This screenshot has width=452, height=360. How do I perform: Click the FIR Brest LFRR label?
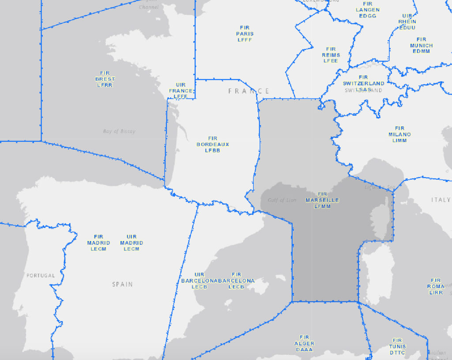click(105, 79)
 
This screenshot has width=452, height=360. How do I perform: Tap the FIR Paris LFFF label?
click(245, 34)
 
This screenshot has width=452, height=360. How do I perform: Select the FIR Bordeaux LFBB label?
click(213, 144)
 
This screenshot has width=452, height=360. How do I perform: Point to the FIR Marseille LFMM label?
click(322, 200)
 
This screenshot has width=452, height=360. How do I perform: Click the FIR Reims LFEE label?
click(331, 55)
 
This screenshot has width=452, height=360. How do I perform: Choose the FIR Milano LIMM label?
click(399, 134)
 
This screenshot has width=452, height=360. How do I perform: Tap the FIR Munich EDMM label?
click(421, 45)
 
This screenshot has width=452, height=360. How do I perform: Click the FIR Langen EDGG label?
click(368, 10)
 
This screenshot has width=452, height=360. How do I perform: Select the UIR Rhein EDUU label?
click(407, 22)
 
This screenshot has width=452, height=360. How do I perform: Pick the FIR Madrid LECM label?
click(98, 243)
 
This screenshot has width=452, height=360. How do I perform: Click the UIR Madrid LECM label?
click(132, 243)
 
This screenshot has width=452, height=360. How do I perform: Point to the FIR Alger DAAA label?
click(304, 343)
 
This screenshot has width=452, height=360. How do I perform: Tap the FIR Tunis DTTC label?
click(397, 346)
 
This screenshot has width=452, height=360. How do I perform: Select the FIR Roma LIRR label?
click(436, 286)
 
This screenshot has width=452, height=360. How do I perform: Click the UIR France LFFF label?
click(181, 91)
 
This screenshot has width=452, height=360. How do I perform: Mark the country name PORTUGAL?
click(41, 276)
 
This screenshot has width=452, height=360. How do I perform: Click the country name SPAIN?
click(122, 284)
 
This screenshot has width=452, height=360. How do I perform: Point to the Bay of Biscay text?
click(119, 131)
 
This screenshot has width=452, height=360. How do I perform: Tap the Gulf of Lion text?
click(282, 200)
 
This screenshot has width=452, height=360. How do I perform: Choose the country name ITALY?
click(440, 200)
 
